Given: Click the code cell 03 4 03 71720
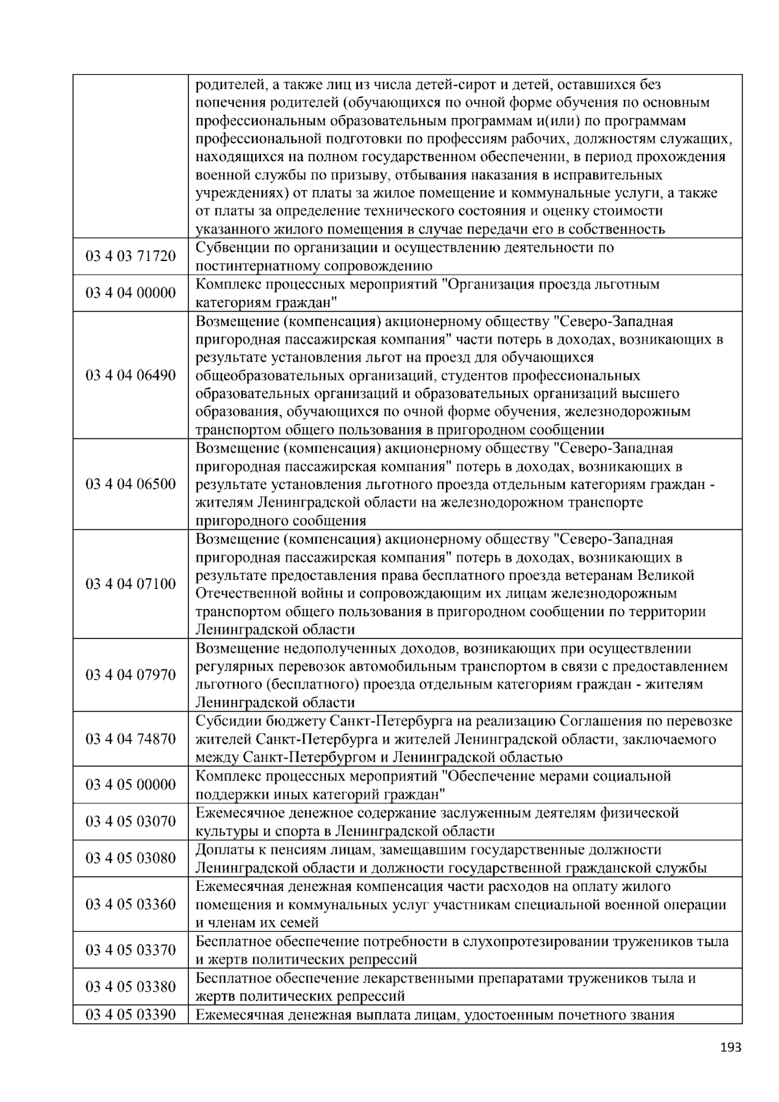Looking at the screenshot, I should pos(130,257).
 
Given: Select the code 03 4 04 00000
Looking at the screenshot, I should pos(130,293).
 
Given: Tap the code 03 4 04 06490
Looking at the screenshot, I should pos(130,375).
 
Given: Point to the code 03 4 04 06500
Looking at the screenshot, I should pos(130,484).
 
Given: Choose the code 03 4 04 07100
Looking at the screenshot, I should pos(130,584).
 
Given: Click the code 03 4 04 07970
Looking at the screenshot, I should pos(130,675).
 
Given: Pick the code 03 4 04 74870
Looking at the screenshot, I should pos(130,739).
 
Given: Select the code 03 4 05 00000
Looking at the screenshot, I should pos(130,784).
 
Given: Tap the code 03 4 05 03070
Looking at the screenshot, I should pos(130,821).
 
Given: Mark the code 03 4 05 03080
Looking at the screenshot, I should pos(130,858).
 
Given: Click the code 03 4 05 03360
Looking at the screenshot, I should pos(130,904).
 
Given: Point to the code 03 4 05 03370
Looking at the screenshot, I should pos(130,950).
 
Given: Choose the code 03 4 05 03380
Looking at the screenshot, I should pos(130,986).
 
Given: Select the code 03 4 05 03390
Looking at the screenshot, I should pos(130,1014).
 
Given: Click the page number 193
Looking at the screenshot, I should pos(731,1047).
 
